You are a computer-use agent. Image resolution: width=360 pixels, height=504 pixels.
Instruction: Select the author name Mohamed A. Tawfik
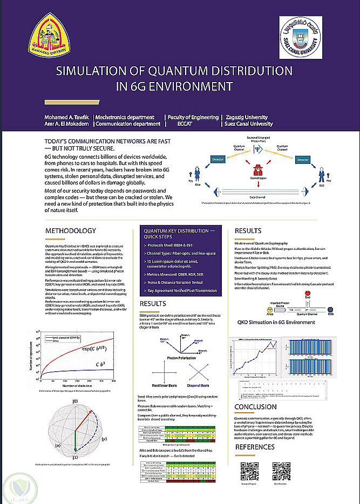pos(67,117)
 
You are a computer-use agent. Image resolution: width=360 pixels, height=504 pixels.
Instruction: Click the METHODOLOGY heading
pos(71,230)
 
